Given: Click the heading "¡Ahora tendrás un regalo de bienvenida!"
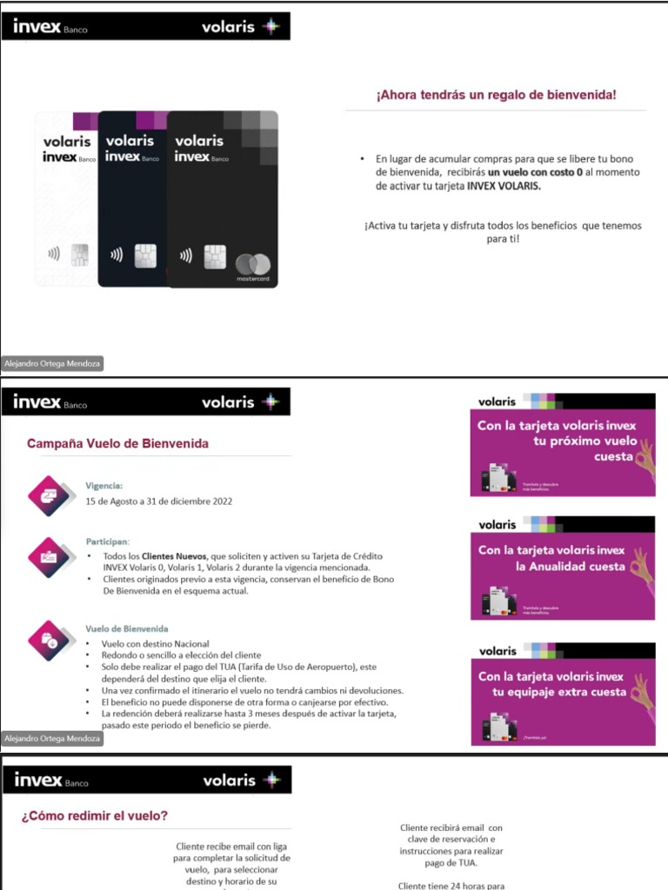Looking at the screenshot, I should click(496, 95).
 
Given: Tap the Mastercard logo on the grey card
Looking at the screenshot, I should click(253, 263).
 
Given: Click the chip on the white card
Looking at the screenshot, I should click(79, 254).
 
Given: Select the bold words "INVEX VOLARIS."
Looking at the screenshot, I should click(503, 186).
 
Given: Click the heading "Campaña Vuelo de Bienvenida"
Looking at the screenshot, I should click(117, 443).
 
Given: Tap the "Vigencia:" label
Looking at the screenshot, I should click(104, 486).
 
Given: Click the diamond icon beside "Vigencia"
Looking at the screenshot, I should click(48, 494).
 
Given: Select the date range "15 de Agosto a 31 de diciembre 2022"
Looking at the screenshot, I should click(158, 501).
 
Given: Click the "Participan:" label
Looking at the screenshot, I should click(107, 541).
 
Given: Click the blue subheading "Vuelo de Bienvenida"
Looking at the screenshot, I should click(127, 628).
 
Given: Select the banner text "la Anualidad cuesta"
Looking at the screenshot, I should click(565, 567).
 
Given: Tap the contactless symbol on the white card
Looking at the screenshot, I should click(54, 255).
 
